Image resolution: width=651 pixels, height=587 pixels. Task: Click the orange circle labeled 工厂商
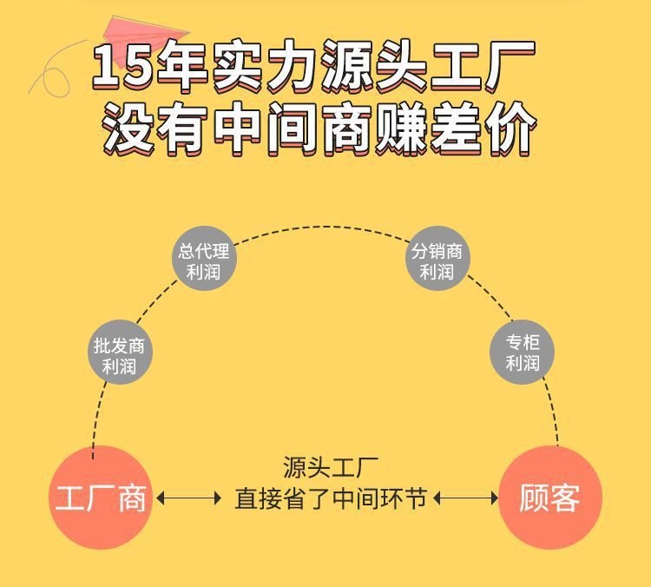coord(101,498)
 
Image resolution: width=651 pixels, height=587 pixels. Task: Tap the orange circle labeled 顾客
coord(549,498)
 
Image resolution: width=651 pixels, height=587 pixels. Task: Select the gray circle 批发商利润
coord(119,355)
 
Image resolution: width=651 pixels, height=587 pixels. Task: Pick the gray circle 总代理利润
coord(203,261)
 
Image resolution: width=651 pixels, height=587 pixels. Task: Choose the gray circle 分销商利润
coord(437,261)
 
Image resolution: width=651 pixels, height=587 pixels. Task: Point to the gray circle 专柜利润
coord(523,353)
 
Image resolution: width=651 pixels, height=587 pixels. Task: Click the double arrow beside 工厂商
coord(188,498)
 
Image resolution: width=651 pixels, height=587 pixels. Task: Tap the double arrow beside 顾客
coord(465,498)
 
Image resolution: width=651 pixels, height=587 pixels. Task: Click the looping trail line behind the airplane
coord(52,69)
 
